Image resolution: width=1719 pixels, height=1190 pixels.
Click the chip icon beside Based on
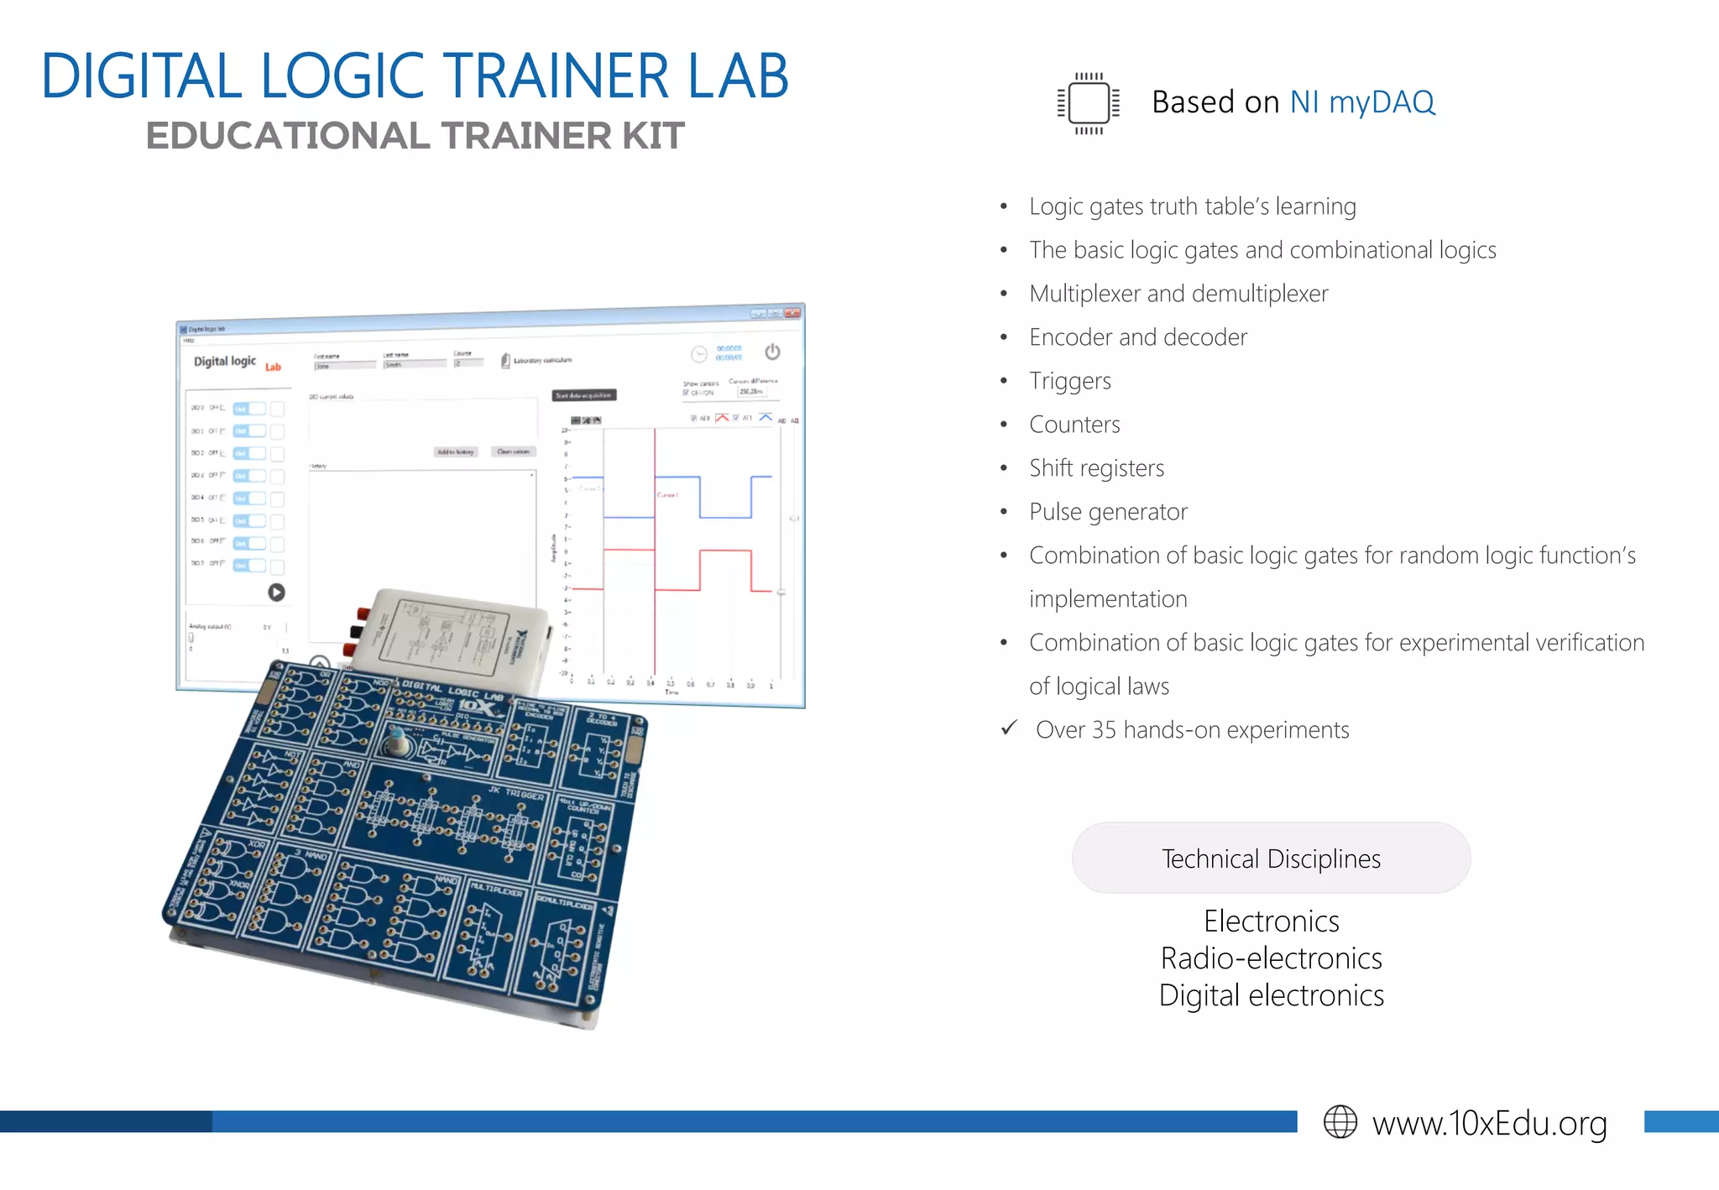1089,103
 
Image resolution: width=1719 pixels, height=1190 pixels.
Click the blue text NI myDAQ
1361,102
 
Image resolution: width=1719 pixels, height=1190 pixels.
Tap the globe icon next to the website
1340,1122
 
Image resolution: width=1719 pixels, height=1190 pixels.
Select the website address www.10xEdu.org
1489,1123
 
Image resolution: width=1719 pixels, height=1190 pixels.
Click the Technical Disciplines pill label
1271,859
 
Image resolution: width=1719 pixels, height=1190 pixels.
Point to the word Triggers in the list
1070,381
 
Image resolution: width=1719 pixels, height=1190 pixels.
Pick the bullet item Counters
1074,425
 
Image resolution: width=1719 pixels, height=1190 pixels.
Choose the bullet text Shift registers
1096,468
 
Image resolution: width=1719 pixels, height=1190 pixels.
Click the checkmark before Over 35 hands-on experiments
1010,728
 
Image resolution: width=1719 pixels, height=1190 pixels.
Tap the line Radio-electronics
1271,958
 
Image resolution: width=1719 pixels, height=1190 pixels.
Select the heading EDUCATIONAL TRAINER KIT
415,136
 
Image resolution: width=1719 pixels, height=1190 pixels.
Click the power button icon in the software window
772,352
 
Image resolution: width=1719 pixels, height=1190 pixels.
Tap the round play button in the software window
276,592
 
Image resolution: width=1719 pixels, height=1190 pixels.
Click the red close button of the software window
792,313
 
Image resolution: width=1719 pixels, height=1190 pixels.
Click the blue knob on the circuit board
395,743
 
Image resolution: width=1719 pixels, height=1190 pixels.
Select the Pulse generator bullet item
1108,512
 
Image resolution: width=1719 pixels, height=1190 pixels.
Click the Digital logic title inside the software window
225,362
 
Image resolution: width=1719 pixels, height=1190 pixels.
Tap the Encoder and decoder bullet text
1138,337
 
